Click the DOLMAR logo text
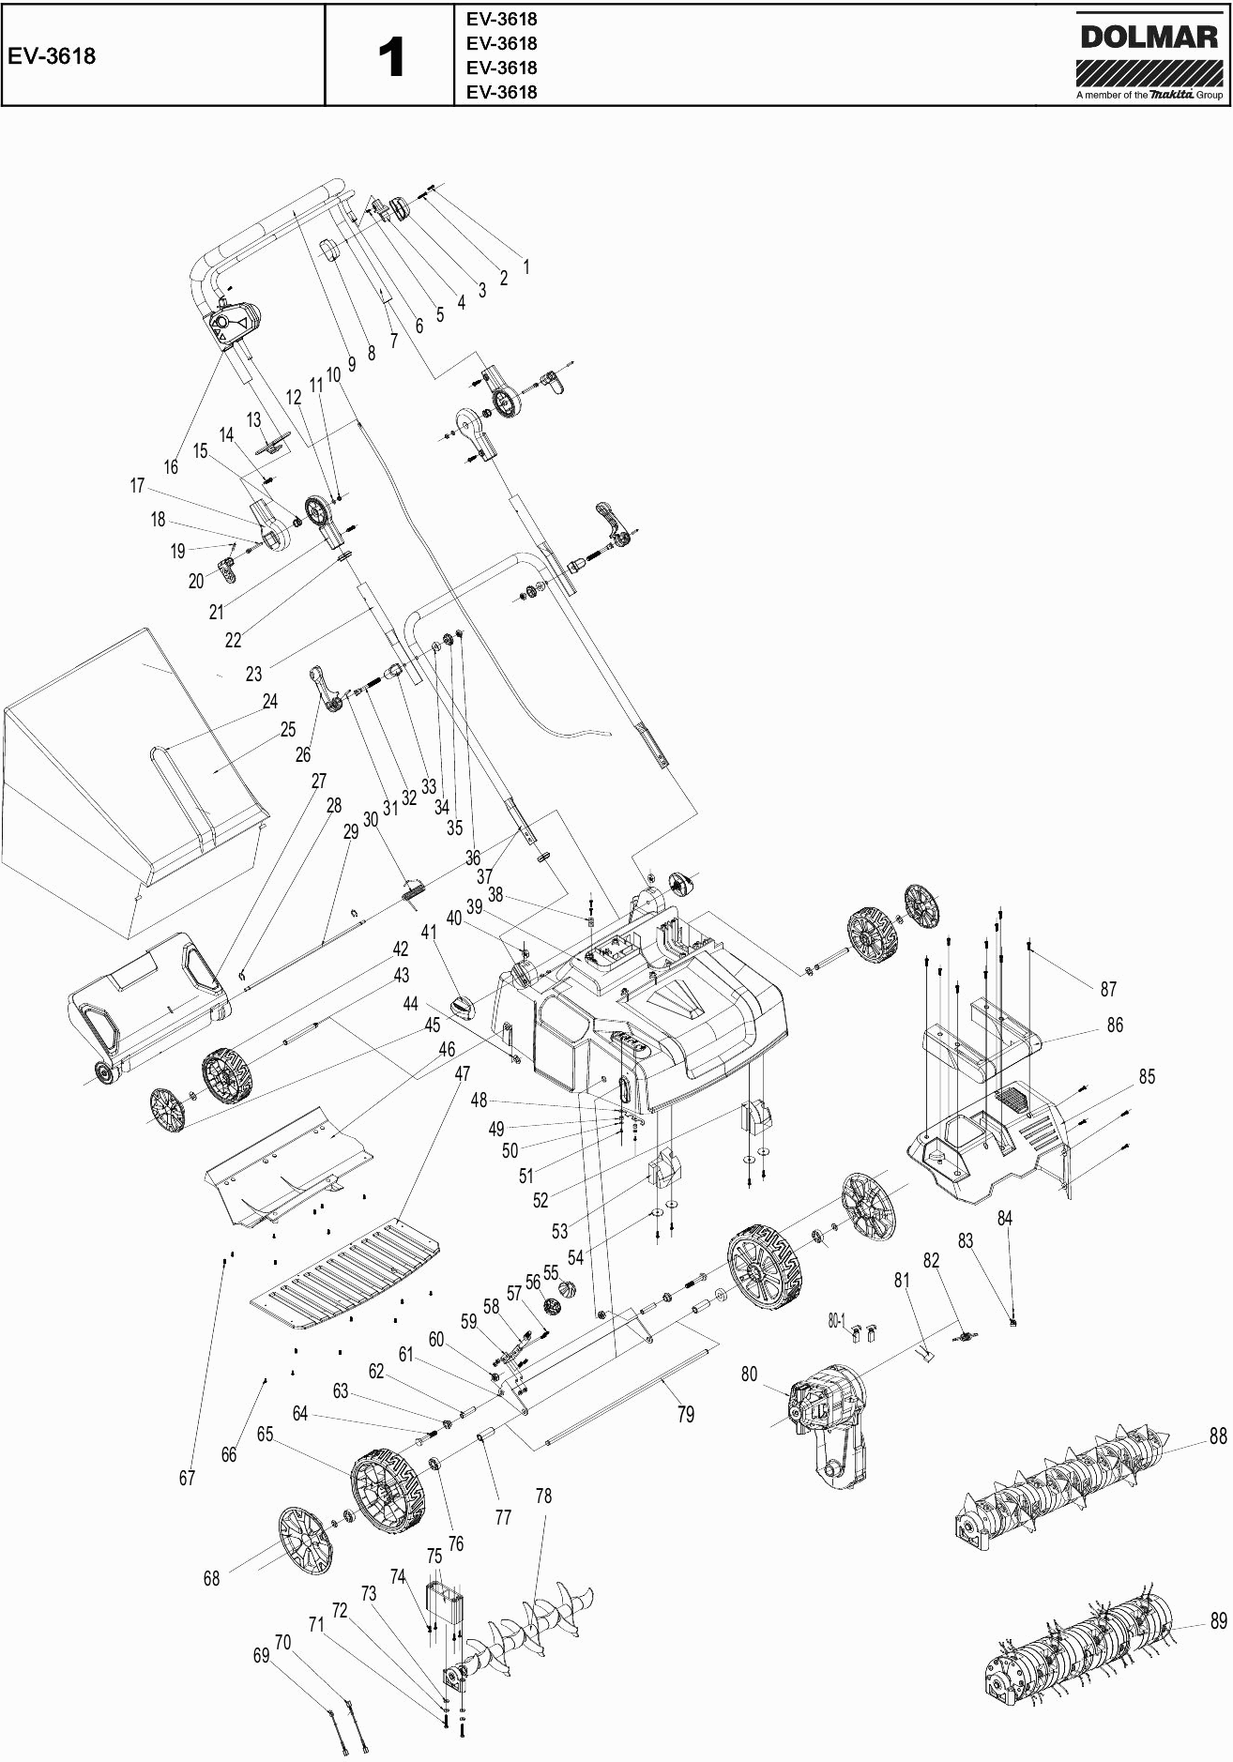coord(1149,37)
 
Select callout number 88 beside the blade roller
coord(1217,1436)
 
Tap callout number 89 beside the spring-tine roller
coord(1218,1621)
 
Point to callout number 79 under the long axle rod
coord(686,1414)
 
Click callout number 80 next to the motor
coord(749,1375)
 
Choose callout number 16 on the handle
coord(170,466)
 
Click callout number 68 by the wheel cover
coord(211,1578)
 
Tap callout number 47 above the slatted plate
coord(462,1072)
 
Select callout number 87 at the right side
coord(1108,989)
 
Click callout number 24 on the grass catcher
coord(270,701)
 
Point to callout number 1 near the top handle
coord(526,266)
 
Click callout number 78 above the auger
coord(543,1496)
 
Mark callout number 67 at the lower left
coord(187,1478)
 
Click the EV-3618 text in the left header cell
coord(52,56)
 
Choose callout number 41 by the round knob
coord(429,933)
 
